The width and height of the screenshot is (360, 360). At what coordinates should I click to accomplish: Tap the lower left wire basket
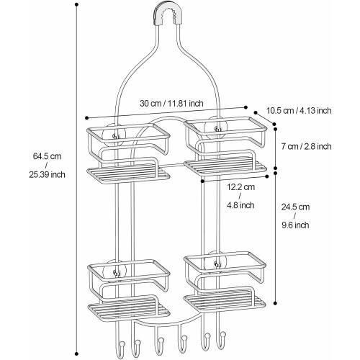click(x=125, y=277)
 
